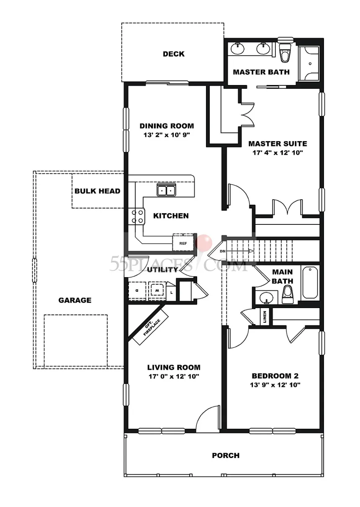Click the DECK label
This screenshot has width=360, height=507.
pos(173,54)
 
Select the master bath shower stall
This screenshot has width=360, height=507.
pos(310,63)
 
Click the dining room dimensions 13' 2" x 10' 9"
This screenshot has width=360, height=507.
pos(167,135)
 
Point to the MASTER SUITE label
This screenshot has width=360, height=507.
pos(277,144)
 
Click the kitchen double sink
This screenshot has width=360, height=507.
pos(167,190)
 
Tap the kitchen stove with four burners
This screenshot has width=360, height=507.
pos(136,216)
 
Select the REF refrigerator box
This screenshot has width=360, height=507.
pos(183,242)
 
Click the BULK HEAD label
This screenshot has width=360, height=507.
pos(97,191)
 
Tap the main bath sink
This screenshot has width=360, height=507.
pos(266,298)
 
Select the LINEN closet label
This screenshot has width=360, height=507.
pos(265,317)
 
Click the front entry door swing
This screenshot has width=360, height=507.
pos(207,419)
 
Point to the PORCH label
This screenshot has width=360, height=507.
pos(226,456)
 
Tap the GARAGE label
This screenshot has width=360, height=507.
pos(75,300)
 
